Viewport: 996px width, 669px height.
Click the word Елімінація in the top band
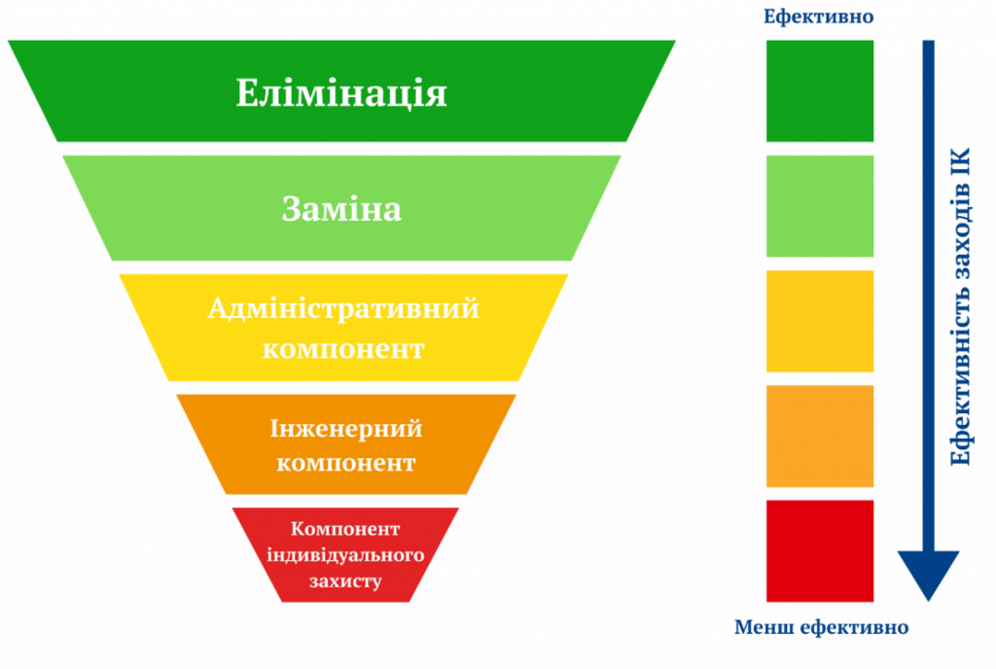click(x=341, y=93)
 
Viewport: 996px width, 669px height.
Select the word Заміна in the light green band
click(x=341, y=209)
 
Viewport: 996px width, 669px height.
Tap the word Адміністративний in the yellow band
click(x=343, y=309)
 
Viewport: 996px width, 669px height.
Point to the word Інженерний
click(x=346, y=429)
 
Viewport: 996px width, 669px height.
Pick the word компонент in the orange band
click(x=346, y=464)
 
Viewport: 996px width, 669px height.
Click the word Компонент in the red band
click(x=345, y=529)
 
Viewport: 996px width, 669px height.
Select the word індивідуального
click(x=345, y=555)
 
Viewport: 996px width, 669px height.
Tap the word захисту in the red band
click(x=345, y=581)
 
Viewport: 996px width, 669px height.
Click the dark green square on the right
click(x=819, y=90)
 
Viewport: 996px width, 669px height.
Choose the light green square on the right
click(x=819, y=206)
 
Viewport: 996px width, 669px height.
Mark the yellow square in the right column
click(x=819, y=321)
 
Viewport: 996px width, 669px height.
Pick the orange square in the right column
click(x=819, y=436)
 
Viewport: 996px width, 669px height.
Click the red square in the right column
click(x=819, y=551)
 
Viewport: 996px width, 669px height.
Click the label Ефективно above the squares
click(x=818, y=16)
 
